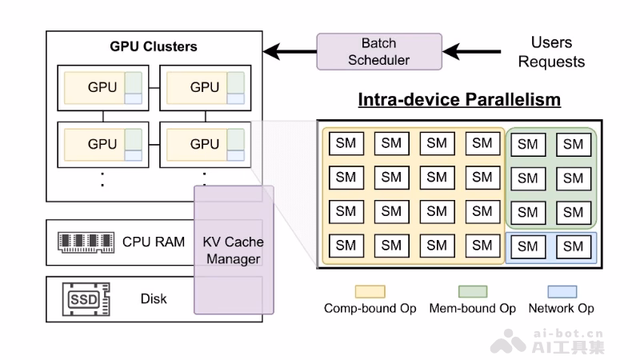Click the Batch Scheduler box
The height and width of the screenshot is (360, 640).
[379, 52]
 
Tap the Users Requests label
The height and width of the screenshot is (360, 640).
[551, 52]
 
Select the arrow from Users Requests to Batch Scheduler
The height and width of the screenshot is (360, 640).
[472, 52]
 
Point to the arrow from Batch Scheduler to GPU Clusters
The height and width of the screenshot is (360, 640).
[290, 52]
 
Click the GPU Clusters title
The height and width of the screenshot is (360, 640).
[154, 46]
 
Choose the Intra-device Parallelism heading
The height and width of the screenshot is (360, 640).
[459, 99]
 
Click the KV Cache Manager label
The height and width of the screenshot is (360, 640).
[234, 250]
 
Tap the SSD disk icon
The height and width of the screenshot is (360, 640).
[86, 299]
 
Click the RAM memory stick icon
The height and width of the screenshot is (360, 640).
[86, 242]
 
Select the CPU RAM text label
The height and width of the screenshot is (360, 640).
[154, 242]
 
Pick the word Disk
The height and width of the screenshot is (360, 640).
[154, 298]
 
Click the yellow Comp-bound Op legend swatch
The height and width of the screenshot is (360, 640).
[370, 292]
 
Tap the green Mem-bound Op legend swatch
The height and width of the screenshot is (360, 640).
[473, 292]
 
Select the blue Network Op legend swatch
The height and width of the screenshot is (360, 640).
[562, 292]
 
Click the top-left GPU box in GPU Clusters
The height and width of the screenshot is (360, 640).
[103, 88]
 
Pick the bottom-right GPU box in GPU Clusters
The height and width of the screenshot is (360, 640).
[206, 145]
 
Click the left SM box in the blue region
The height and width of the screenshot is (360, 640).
[528, 246]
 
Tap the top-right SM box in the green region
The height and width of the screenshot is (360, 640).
[574, 145]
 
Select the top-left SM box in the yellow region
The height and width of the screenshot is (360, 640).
[346, 143]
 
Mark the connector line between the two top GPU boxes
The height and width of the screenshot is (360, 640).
[154, 88]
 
